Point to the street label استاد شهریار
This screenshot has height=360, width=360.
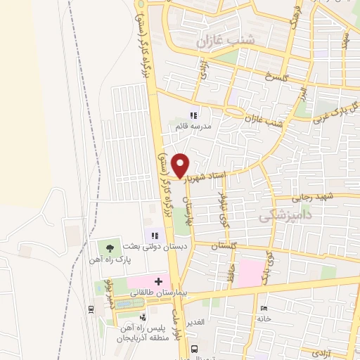(207, 173)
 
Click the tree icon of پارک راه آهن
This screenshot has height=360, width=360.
(108, 247)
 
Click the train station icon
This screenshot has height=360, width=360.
(91, 309)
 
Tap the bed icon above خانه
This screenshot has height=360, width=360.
(264, 309)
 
